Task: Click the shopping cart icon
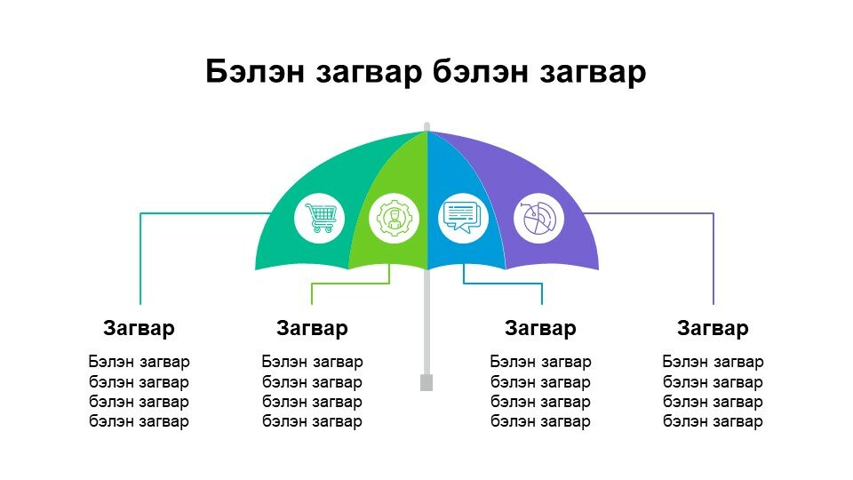coord(321,218)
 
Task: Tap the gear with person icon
coord(394,219)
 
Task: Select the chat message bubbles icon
coord(462,217)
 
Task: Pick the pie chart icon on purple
coord(538,219)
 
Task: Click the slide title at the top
coord(426,71)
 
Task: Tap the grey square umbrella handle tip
coord(426,382)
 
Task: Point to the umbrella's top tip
coord(427,125)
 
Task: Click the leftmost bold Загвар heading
coord(139,328)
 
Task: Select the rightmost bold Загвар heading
coord(713,328)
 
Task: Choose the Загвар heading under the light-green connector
coord(312,328)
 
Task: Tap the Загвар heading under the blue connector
coord(540,328)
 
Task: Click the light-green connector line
coord(351,284)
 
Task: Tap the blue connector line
coord(503,284)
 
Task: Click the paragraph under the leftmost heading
coord(139,391)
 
